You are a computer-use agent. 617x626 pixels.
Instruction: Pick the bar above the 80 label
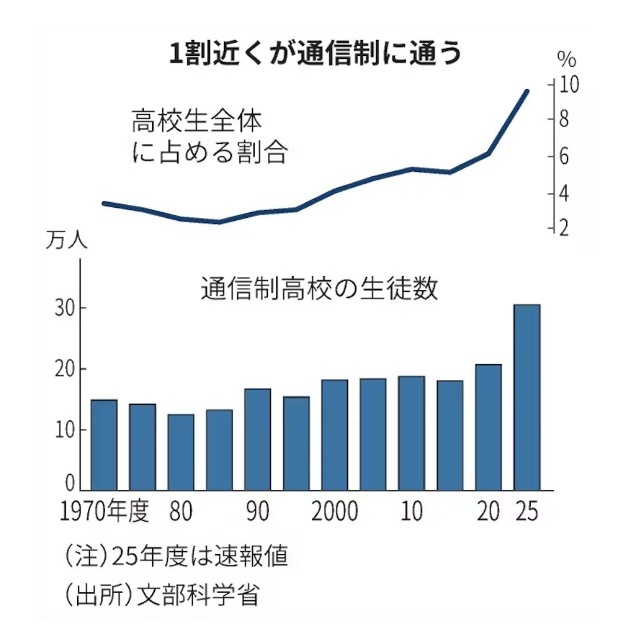coord(181,451)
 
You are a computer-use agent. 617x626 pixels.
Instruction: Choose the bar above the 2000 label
coord(334,434)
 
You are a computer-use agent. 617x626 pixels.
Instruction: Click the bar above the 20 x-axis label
coord(488,427)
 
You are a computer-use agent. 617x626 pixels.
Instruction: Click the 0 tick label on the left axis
coord(70,483)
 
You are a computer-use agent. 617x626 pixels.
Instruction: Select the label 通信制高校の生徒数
coord(319,289)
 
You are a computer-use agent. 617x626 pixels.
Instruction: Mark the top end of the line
coord(527,91)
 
